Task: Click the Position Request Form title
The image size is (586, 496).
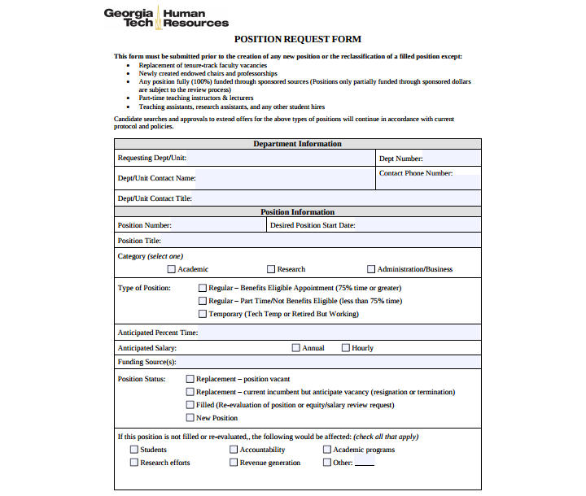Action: tap(297, 39)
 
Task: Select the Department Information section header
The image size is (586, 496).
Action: tap(297, 144)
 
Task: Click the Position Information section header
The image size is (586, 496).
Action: tap(297, 212)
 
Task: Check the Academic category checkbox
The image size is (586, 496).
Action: tap(172, 269)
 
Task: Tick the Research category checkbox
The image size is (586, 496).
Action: tap(271, 269)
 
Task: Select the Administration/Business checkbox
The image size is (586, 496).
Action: tap(371, 269)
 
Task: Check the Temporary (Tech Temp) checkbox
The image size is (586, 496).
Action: tap(203, 314)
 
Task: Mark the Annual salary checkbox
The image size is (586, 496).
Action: tap(295, 348)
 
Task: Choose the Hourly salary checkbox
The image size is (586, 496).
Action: tap(345, 348)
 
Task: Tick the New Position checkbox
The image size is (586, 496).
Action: tap(190, 418)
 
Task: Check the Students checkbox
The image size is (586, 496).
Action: tap(133, 450)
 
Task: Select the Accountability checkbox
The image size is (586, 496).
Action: tap(234, 450)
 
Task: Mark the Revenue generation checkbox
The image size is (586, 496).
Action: tap(234, 463)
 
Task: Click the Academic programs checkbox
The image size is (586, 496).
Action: tap(327, 450)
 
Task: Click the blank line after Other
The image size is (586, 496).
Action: tap(365, 464)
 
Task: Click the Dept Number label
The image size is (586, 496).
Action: tap(400, 159)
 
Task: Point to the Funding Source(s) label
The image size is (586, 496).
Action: tap(146, 362)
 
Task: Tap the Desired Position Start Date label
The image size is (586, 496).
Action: tap(313, 225)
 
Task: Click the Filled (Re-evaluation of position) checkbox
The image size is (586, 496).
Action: tap(190, 405)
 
